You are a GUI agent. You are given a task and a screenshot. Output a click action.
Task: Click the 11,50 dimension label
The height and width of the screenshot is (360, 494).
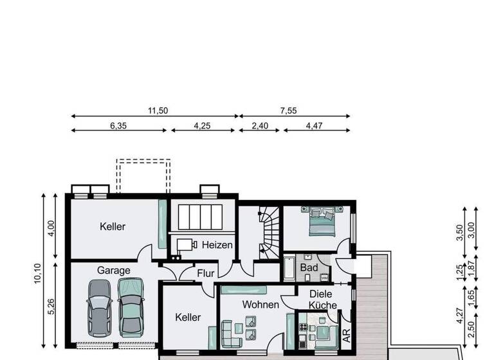point(158,111)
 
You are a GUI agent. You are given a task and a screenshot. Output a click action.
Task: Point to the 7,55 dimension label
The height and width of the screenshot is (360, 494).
point(288,111)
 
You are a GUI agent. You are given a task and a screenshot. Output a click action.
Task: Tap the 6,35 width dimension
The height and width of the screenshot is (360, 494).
point(118,125)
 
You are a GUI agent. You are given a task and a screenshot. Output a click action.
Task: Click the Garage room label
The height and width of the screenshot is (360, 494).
point(113,271)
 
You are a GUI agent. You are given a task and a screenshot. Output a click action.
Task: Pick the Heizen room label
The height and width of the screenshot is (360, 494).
point(217,245)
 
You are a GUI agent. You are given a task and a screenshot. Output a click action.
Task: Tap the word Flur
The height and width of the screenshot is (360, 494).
point(206,273)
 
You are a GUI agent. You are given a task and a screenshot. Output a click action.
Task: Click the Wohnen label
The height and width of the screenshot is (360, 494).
point(261,305)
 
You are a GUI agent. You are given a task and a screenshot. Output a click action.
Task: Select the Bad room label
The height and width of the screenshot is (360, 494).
point(309,267)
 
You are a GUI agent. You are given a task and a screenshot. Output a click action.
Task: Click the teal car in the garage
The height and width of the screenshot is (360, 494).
point(131,306)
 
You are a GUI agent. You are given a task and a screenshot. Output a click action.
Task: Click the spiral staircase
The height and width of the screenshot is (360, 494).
point(267,229)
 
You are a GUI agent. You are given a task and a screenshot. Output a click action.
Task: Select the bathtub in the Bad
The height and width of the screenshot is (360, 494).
point(289,267)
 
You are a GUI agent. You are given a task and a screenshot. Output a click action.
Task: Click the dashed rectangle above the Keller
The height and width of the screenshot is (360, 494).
point(143,175)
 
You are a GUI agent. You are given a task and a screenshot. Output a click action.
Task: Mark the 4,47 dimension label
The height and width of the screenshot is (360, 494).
point(315,125)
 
